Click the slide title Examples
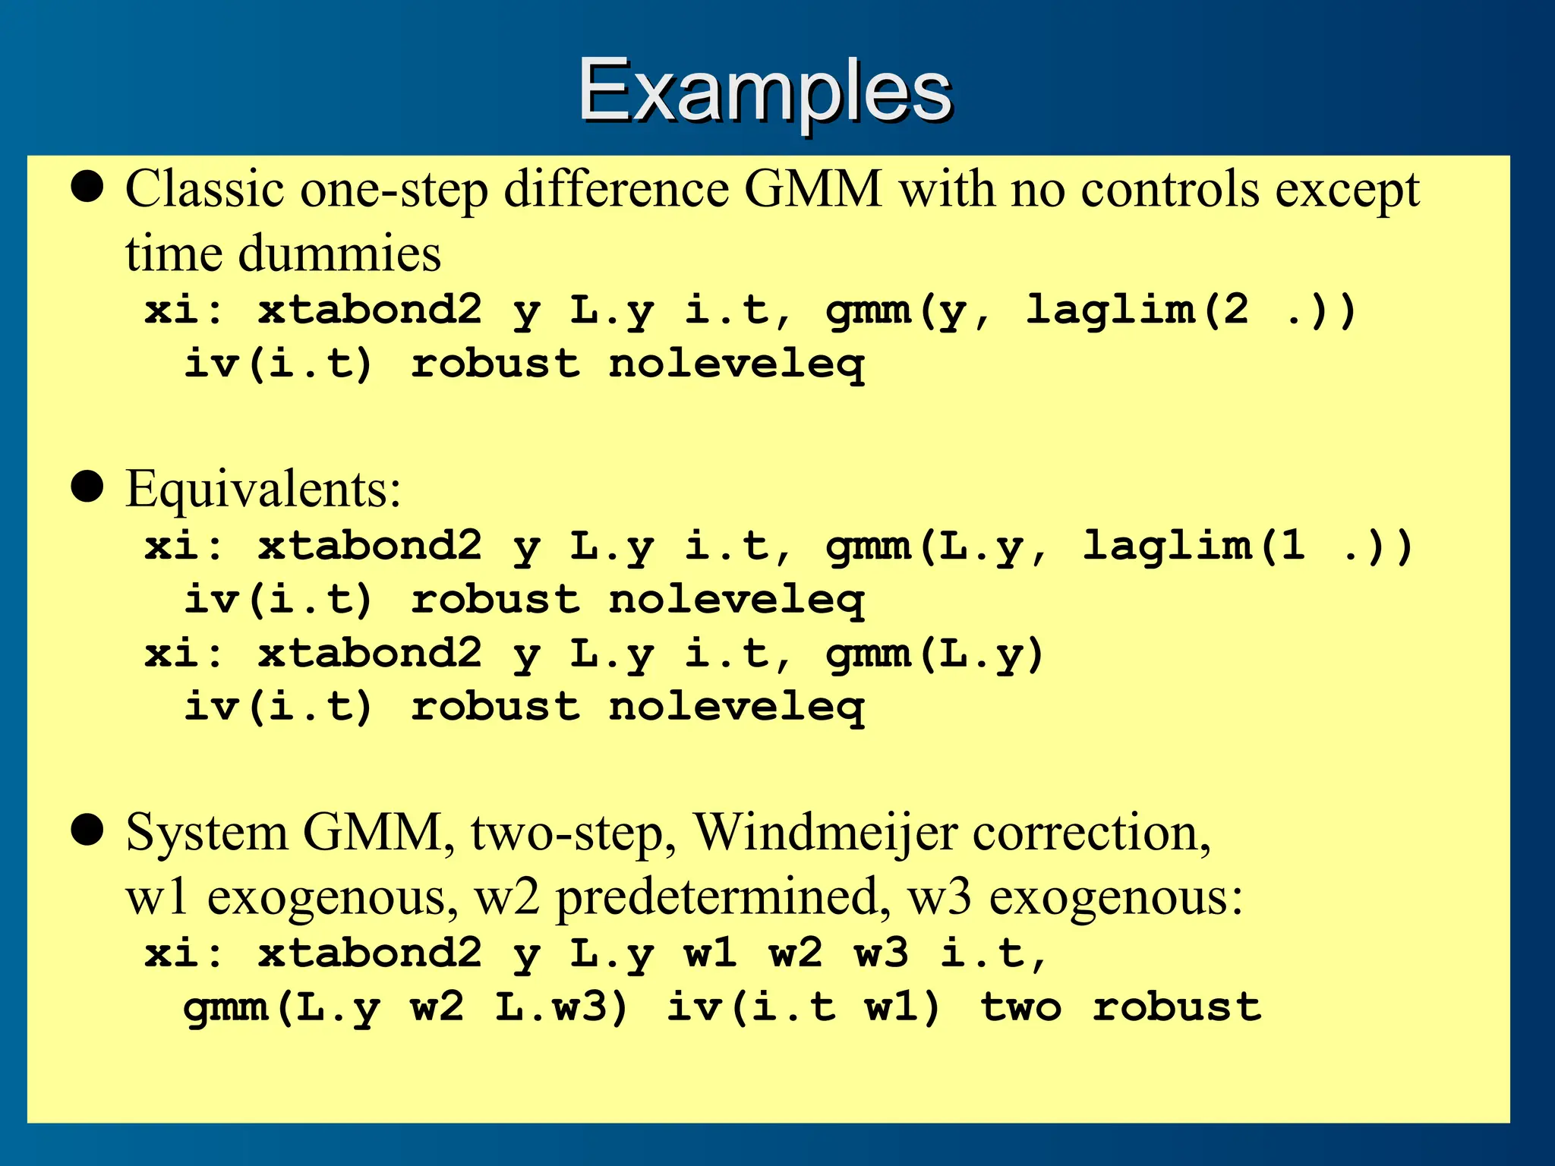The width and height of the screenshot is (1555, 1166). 765,91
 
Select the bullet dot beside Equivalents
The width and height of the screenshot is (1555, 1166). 87,487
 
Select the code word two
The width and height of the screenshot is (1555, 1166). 1020,1007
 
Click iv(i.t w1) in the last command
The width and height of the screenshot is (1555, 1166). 803,1007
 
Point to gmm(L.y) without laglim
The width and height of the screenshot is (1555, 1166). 935,654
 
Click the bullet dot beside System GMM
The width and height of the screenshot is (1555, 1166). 87,830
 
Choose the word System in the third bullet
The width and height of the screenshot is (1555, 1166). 207,833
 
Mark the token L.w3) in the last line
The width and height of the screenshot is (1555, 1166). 562,1007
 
